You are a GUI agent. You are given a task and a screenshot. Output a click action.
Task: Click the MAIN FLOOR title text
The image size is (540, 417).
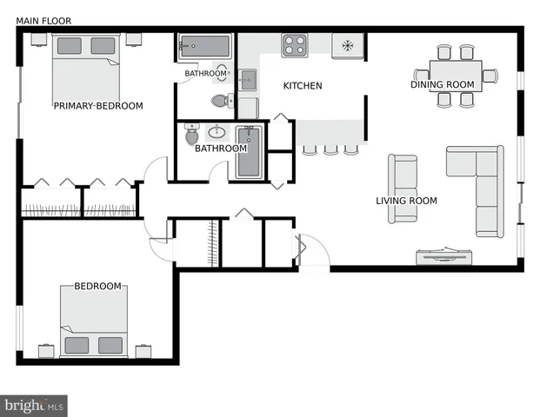click(43, 20)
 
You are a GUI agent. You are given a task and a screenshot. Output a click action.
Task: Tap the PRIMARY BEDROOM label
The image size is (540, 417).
click(97, 106)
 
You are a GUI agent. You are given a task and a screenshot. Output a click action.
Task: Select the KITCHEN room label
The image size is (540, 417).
click(303, 86)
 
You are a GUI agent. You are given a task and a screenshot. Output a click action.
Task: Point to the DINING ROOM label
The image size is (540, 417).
click(443, 84)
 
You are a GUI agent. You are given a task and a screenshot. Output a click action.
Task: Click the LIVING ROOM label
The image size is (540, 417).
click(406, 201)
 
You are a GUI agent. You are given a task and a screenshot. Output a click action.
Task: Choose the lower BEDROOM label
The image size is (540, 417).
click(97, 287)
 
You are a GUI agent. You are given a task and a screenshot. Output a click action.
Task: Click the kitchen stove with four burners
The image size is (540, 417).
click(294, 44)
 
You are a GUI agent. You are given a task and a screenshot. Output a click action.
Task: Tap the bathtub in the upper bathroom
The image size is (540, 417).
click(204, 47)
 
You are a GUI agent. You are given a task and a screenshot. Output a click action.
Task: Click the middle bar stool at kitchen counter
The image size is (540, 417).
click(330, 150)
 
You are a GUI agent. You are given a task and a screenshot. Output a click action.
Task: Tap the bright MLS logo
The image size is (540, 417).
click(35, 406)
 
